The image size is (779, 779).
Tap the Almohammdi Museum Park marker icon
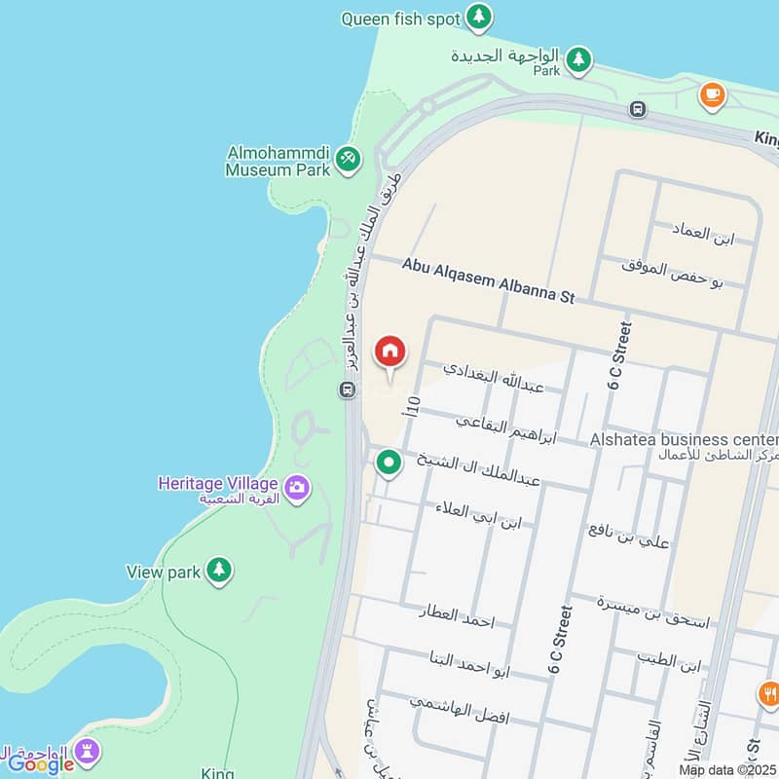pos(348,157)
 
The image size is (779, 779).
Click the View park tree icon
pos(219,570)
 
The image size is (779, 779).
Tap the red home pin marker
pos(390,352)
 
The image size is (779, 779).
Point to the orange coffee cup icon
pos(712,94)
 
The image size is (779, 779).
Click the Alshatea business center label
pos(684,440)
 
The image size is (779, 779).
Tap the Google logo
pos(41,764)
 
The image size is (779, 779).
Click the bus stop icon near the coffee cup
pos(638,109)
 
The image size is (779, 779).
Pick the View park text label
pos(164,573)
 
